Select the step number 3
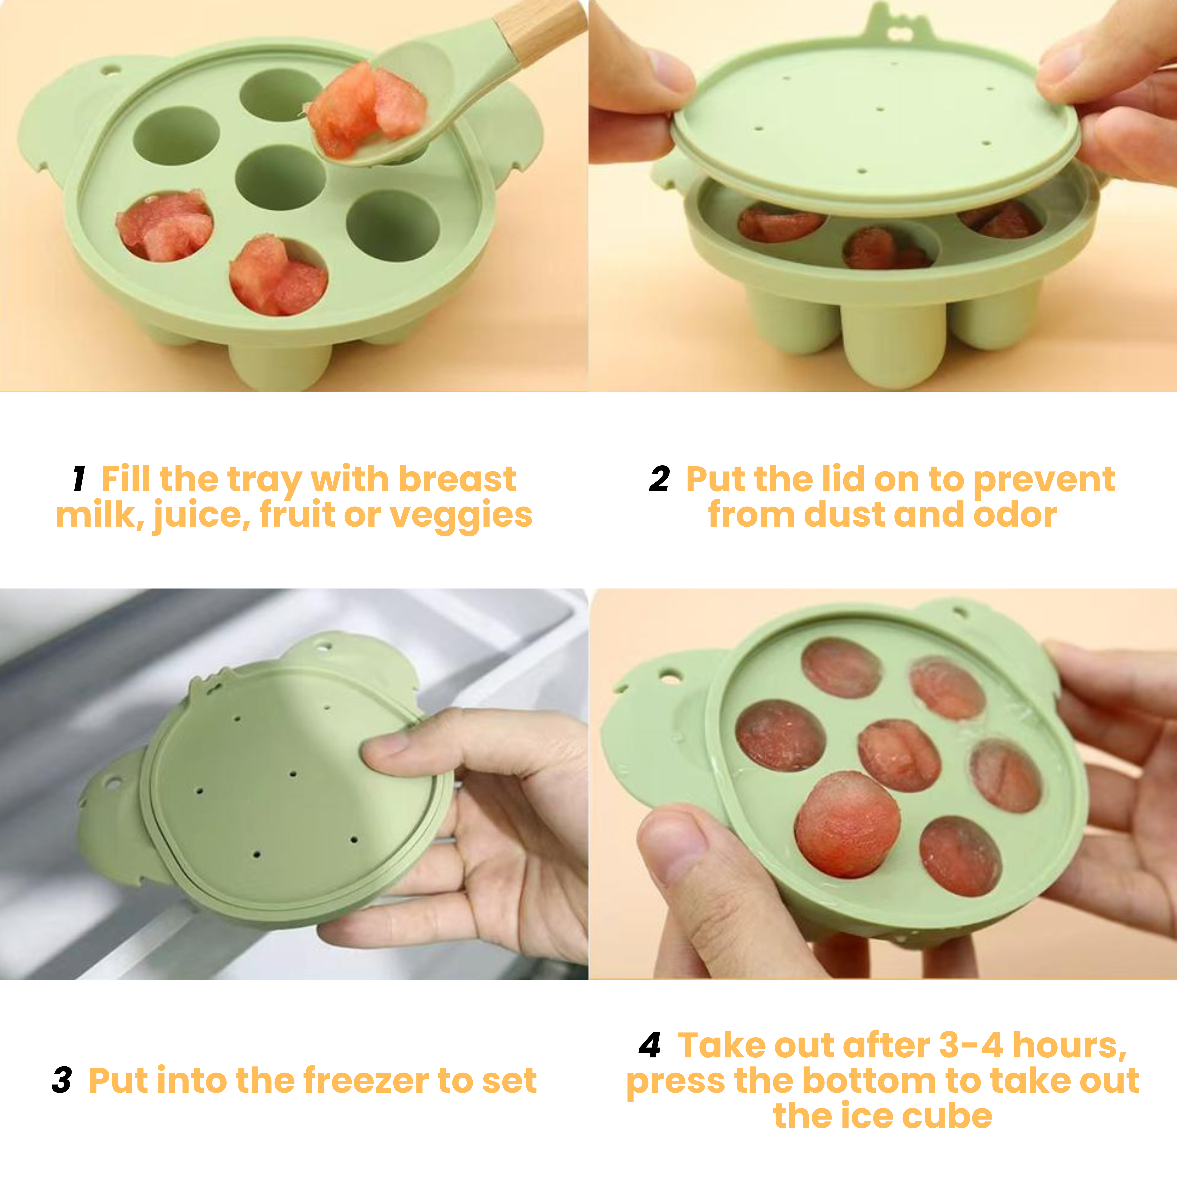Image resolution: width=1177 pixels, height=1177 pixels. [x=62, y=1080]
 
